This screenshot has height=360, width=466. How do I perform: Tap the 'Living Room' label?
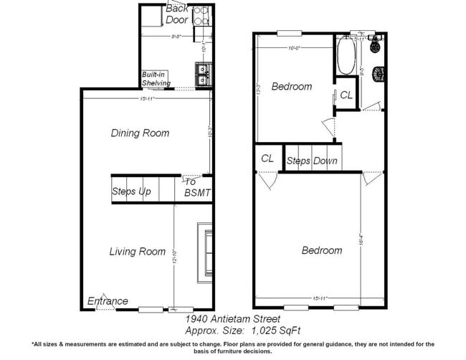point(137,252)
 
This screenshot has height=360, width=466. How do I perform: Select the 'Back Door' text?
point(176,14)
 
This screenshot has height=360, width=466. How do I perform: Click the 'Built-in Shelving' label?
point(156,79)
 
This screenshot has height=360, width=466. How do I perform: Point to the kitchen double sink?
point(202,72)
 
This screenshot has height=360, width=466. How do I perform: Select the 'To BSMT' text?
point(197,187)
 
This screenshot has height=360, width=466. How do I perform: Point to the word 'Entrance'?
point(108,301)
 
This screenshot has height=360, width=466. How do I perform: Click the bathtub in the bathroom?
point(344,57)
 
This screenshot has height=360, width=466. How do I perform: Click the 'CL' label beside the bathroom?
point(346,95)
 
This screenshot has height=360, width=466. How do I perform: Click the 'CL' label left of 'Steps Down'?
point(268,158)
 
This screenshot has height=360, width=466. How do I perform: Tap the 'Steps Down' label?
point(312,161)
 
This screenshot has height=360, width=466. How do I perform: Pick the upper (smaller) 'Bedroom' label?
point(292,87)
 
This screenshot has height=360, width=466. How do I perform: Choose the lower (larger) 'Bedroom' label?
point(321,250)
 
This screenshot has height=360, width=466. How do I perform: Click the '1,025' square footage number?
point(264,331)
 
